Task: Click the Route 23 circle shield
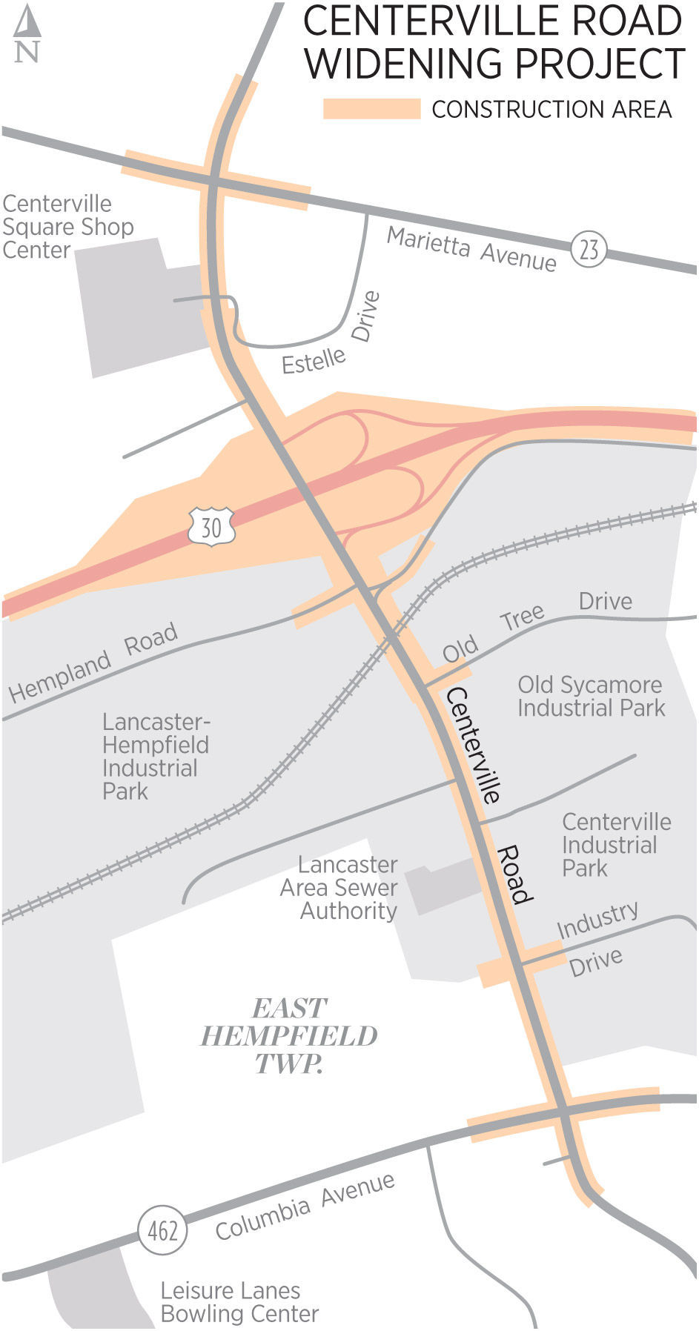[x=589, y=250]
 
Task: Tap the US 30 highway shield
[x=211, y=527]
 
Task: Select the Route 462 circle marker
[x=162, y=1231]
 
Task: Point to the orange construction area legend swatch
[x=371, y=109]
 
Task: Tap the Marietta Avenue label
[x=471, y=249]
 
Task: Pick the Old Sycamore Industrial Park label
[x=591, y=696]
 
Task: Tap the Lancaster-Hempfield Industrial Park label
[x=155, y=756]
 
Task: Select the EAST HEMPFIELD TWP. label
[x=288, y=1036]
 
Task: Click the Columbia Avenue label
[x=305, y=1207]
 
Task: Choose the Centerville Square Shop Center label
[x=67, y=226]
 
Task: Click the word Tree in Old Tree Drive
[x=522, y=617]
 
